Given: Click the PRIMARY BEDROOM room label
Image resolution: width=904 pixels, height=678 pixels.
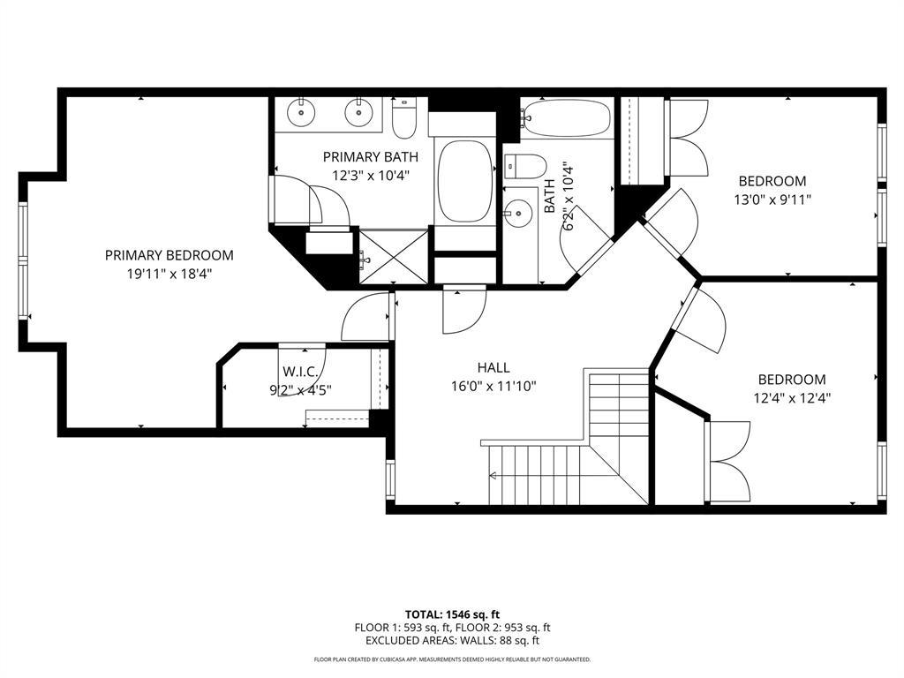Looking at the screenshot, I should click(x=169, y=255).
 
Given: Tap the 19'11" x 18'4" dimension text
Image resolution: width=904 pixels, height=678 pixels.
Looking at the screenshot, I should click(x=169, y=274).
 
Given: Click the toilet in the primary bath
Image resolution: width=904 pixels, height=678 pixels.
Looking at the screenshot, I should click(x=404, y=120).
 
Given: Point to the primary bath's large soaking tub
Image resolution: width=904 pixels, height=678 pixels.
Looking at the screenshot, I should click(x=464, y=181).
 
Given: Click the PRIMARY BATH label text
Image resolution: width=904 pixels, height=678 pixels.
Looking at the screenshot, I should click(x=370, y=157).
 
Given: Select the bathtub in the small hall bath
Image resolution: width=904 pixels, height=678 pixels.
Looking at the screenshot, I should click(x=566, y=118).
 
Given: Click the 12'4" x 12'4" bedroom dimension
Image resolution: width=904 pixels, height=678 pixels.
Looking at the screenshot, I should click(x=792, y=397).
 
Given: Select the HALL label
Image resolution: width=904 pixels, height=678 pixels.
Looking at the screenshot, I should click(x=493, y=367).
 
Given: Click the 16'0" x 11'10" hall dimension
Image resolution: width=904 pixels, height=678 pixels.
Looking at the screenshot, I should click(x=493, y=386).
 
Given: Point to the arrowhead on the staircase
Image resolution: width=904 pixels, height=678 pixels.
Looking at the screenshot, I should click(x=492, y=477).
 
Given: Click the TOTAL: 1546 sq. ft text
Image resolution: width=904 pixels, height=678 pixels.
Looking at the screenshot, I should click(x=452, y=614).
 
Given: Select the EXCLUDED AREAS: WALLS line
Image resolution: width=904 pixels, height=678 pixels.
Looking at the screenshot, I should click(x=452, y=641).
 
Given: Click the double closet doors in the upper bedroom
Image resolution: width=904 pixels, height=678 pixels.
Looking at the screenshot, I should click(x=689, y=138).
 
